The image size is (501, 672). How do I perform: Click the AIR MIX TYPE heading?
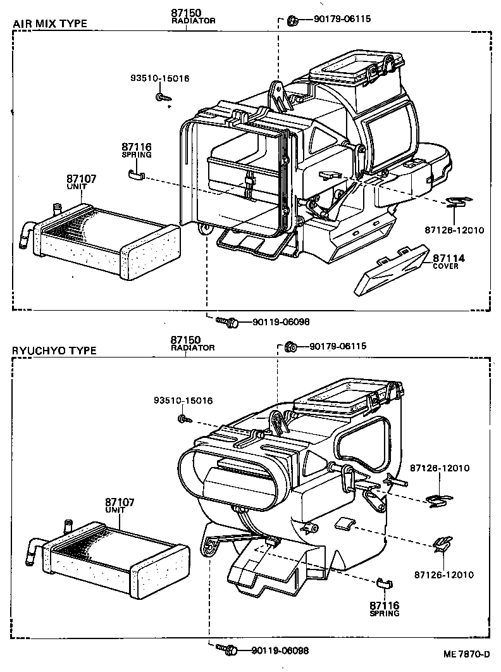[x=49, y=24]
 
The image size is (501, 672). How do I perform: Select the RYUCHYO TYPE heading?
[x=54, y=351]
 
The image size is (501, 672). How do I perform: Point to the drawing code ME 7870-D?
[x=467, y=654]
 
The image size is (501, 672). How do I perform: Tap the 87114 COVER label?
[x=448, y=261]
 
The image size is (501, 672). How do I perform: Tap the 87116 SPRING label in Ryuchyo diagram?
[x=385, y=608]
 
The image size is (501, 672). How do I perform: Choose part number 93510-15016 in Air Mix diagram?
[x=160, y=78]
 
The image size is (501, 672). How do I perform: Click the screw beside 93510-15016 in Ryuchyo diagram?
[x=183, y=418]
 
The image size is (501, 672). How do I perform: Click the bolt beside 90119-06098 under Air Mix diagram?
[x=226, y=322]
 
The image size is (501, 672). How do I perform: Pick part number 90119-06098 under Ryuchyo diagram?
[x=280, y=650]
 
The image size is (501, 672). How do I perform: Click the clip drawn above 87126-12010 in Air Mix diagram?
[x=454, y=202]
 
